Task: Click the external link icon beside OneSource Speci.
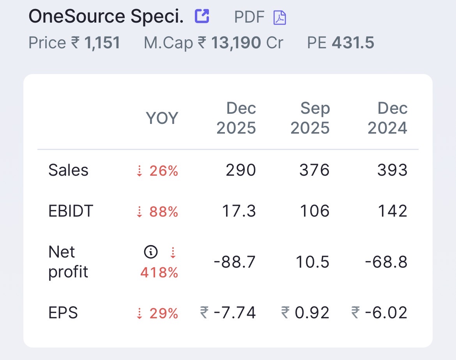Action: coord(202,16)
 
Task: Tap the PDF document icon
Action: coord(279,18)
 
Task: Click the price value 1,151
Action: coord(102,43)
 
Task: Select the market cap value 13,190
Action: coord(236,43)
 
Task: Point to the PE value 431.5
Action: coord(353,43)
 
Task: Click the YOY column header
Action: coord(162,118)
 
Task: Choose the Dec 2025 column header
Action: coord(236,118)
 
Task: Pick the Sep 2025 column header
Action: coord(310,118)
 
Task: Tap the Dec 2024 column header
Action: coord(388,118)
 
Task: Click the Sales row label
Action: coord(68,170)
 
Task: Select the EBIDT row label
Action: coord(71,211)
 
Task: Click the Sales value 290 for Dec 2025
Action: coord(241,170)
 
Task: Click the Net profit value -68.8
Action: coord(386,262)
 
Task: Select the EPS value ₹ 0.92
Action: coord(305,313)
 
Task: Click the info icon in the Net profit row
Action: coord(151,252)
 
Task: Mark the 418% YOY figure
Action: coord(159,272)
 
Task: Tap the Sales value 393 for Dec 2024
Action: coord(392,170)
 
